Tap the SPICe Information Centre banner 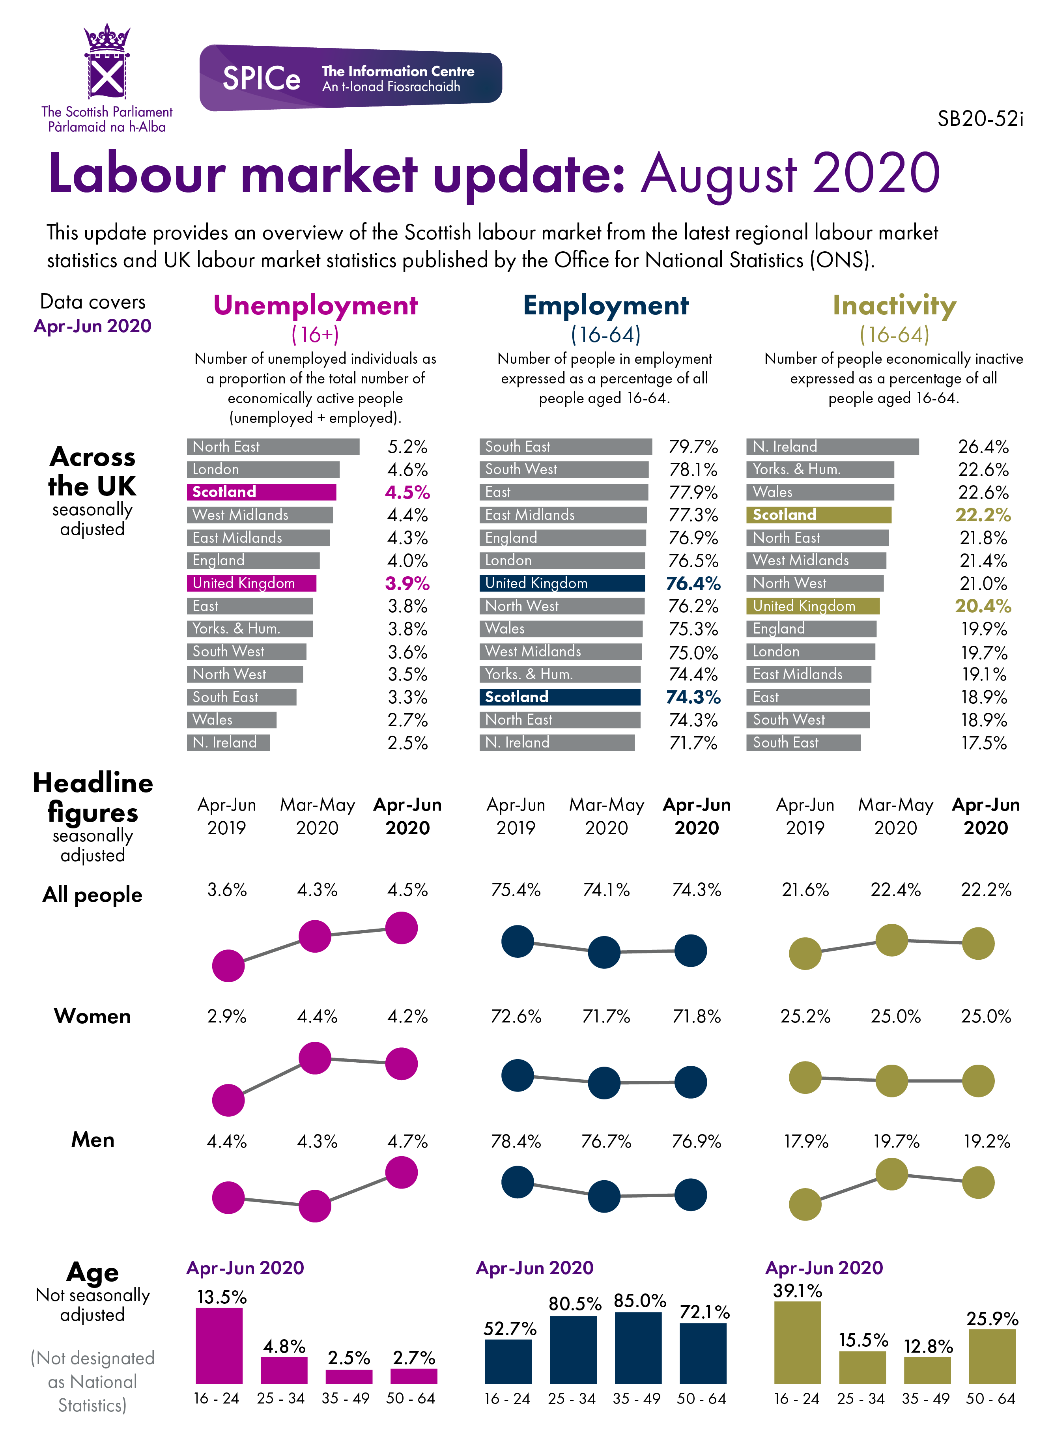click(x=351, y=78)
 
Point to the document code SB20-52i click(x=980, y=119)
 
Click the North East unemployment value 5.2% click(x=407, y=447)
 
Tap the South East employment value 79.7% click(x=693, y=447)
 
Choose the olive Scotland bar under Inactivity click(x=818, y=515)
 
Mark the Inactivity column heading click(x=894, y=305)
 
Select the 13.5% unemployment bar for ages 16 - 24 click(x=219, y=1346)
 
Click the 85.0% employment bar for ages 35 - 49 click(x=638, y=1347)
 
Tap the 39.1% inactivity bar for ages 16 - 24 click(x=798, y=1342)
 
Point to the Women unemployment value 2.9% click(x=227, y=1016)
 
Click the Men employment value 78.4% click(x=516, y=1141)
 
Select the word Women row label click(x=92, y=1016)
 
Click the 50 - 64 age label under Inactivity click(x=990, y=1398)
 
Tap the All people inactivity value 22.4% click(x=895, y=890)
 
